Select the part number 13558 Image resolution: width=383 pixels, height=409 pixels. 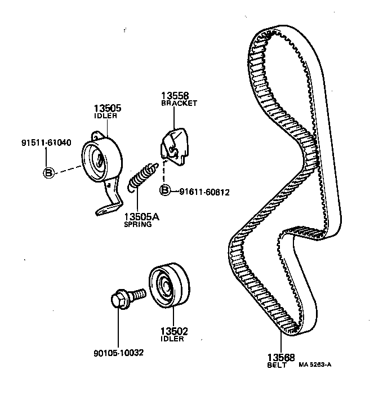point(175,96)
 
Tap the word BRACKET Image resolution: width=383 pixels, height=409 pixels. point(179,104)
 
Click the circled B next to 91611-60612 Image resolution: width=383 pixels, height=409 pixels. point(166,191)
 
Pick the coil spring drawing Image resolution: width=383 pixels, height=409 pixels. point(141,176)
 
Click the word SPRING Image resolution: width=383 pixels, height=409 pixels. point(138,224)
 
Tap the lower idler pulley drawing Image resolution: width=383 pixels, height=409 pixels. point(170,286)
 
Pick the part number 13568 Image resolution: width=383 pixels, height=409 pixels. point(280,358)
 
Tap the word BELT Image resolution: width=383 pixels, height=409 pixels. point(278,365)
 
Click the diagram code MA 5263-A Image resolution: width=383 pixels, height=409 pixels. point(315,364)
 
